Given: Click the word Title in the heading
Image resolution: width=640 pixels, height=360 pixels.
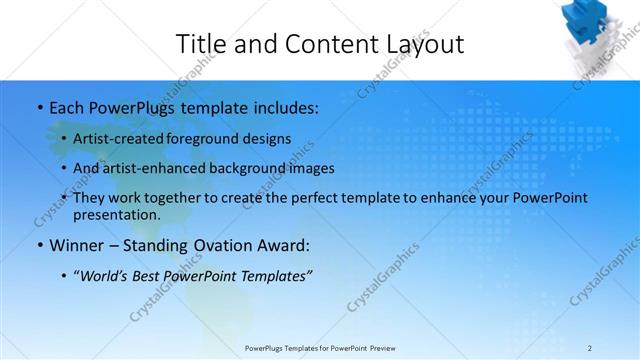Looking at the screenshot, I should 201,44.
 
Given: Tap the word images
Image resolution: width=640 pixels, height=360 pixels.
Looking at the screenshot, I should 309,168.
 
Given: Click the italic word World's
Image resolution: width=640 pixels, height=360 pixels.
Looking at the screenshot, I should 103,276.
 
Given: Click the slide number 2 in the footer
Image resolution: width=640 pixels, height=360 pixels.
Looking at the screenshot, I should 590,348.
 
